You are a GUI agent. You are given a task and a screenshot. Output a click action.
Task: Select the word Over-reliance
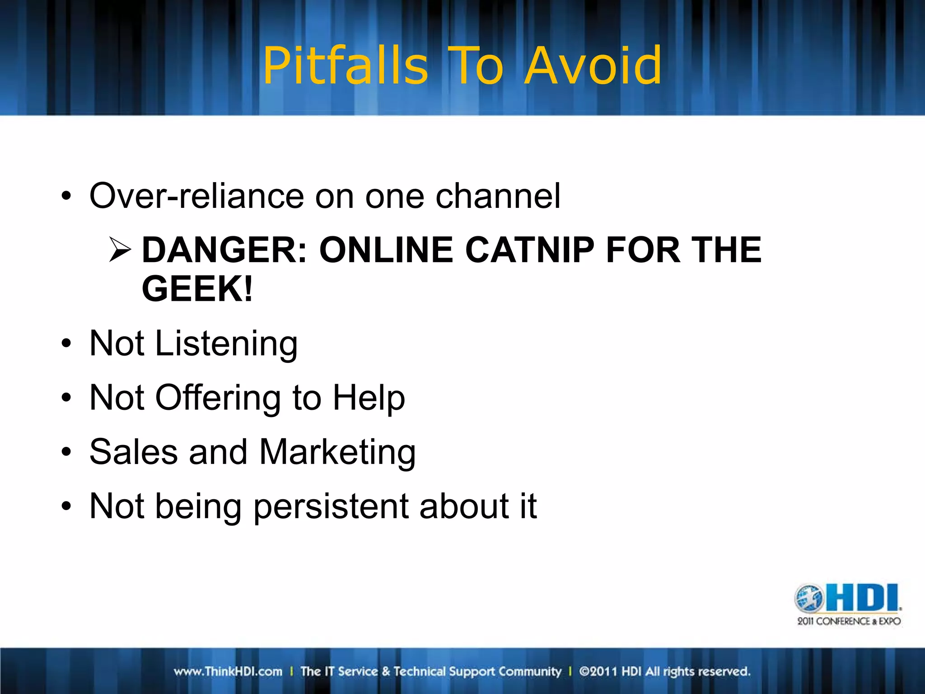pyautogui.click(x=196, y=196)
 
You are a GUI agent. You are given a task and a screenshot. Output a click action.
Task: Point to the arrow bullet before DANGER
pyautogui.click(x=120, y=250)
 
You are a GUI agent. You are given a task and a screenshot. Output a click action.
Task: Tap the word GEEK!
pyautogui.click(x=197, y=289)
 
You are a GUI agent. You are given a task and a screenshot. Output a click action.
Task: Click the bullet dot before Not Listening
pyautogui.click(x=66, y=344)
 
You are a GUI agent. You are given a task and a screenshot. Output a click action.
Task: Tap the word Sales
pyautogui.click(x=134, y=452)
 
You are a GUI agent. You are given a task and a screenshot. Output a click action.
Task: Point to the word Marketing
pyautogui.click(x=337, y=452)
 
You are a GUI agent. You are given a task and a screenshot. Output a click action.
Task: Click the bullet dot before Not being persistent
pyautogui.click(x=66, y=506)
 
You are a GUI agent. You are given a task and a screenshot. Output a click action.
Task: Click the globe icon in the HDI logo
pyautogui.click(x=809, y=598)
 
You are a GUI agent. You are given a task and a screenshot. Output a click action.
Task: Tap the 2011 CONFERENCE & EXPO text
pyautogui.click(x=849, y=621)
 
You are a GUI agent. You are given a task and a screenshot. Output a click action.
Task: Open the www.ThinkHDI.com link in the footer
pyautogui.click(x=228, y=671)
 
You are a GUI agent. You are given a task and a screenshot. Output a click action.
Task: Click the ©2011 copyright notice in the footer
pyautogui.click(x=664, y=671)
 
